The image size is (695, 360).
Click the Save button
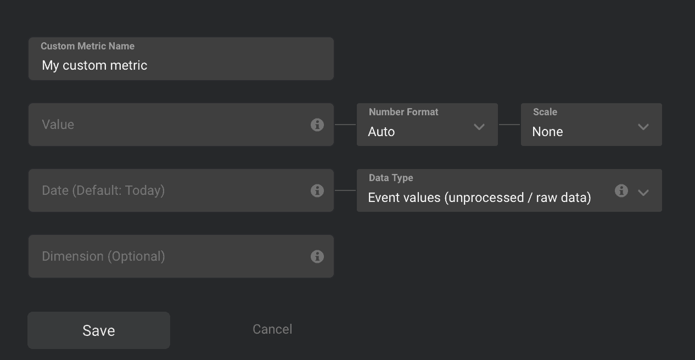pos(99,330)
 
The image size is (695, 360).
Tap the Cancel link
pos(272,329)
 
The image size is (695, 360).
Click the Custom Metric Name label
pos(87,46)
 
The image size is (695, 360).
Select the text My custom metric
pos(94,65)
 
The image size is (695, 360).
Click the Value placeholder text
pos(58,125)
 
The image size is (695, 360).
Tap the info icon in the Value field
pos(317,125)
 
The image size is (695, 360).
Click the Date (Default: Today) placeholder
pos(103,190)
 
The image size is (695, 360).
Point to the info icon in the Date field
pos(317,190)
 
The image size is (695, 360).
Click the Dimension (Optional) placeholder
pos(103,256)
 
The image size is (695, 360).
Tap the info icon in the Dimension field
pos(317,256)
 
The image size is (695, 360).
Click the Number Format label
pos(403,112)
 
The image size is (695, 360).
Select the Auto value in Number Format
pos(381,132)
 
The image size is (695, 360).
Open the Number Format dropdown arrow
pos(479,127)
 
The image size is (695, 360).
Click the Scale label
pos(545,112)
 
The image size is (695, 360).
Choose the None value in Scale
pos(547,132)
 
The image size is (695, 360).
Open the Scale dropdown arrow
pos(643,127)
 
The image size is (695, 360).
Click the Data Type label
pos(391,178)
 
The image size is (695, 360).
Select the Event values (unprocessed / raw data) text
pos(479,198)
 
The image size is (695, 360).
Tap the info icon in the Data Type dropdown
pos(621,190)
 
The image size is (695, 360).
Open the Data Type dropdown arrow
pos(643,192)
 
